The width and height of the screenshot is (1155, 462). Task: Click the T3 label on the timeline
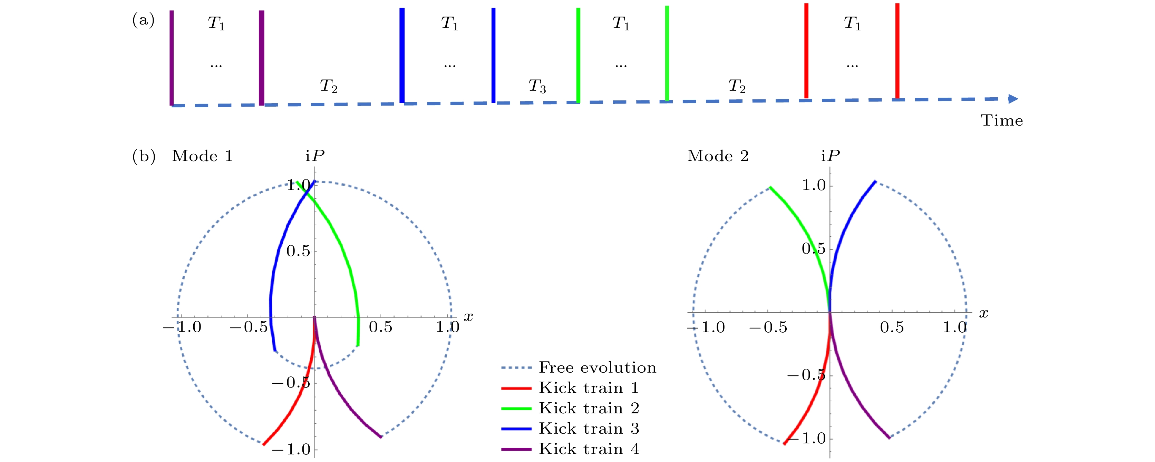[537, 86]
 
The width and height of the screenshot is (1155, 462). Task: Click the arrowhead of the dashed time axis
[1013, 99]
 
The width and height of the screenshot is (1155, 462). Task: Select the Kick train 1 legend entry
[589, 387]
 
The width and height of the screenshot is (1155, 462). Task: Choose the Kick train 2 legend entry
[589, 408]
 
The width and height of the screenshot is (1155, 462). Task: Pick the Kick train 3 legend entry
[589, 429]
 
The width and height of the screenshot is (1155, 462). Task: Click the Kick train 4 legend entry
[589, 449]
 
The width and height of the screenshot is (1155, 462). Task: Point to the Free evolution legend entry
[597, 367]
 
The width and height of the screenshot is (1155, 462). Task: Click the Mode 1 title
[202, 156]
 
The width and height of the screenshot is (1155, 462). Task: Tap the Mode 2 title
[718, 156]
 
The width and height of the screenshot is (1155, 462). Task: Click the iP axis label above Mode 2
[830, 156]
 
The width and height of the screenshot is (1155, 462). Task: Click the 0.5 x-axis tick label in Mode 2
[892, 327]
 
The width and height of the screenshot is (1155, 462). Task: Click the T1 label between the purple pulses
[216, 23]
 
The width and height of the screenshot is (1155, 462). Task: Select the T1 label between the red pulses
[852, 23]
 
